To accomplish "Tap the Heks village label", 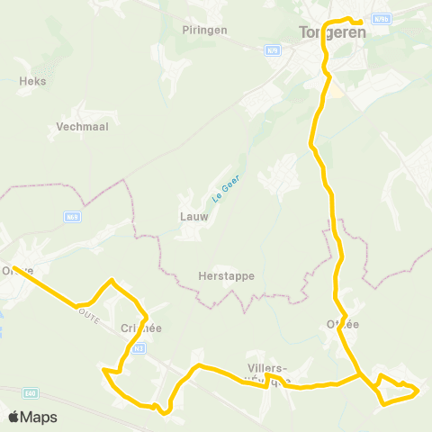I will coord(32,81).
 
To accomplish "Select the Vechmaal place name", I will coord(82,127).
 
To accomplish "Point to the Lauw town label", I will coord(194,217).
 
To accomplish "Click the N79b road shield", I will coord(381,17).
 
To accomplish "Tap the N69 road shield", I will coord(73,216).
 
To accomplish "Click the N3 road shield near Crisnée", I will coord(139,348).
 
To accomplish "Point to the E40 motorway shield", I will coord(31,392).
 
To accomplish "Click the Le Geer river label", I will coord(217,190).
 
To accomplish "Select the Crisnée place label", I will coord(139,328).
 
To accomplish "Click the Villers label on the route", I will coord(267,368).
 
